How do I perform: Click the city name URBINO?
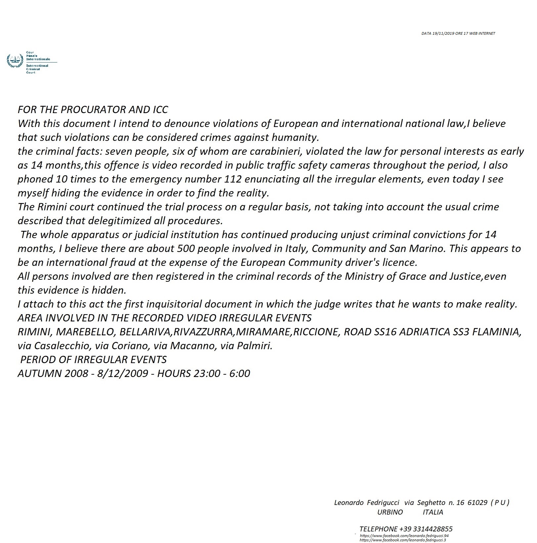(390, 512)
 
